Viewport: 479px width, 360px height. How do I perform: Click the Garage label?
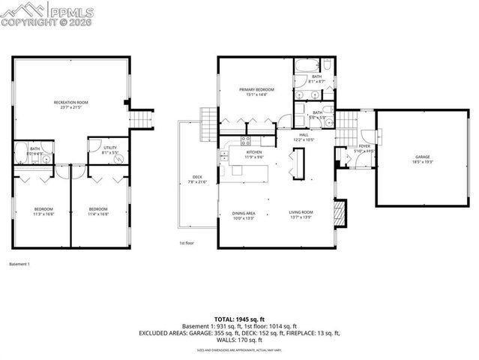click(423, 158)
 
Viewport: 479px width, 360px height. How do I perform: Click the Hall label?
click(303, 136)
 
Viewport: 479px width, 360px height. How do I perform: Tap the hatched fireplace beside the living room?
click(342, 211)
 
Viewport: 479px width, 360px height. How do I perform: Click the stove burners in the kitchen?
click(244, 141)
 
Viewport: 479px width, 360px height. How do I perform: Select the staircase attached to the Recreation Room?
click(139, 118)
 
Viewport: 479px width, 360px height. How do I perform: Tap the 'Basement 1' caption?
click(19, 264)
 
